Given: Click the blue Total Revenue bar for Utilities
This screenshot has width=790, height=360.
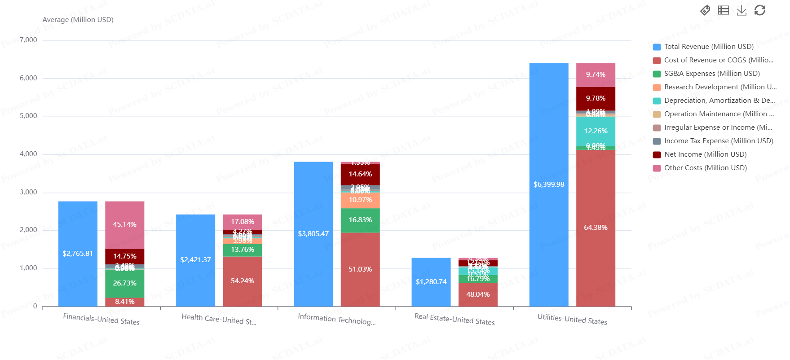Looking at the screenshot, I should click(548, 184).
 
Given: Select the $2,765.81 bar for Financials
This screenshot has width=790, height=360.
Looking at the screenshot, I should click(78, 254).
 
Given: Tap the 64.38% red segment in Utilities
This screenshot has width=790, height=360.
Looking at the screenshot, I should click(596, 228).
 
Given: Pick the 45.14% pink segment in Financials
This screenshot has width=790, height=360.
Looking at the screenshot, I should click(124, 224).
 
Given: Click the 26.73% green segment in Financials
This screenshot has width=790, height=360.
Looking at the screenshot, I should click(124, 283).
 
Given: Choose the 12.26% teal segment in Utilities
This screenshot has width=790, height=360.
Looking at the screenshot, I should click(596, 131).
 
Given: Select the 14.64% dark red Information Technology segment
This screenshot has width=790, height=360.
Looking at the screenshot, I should click(360, 174).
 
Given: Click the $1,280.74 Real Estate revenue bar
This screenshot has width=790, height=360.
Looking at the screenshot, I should click(431, 282).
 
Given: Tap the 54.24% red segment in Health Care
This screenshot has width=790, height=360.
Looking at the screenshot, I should click(242, 281).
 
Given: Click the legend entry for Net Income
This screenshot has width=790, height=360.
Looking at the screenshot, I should click(705, 154).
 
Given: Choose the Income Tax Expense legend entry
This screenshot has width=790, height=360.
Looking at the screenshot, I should click(718, 141).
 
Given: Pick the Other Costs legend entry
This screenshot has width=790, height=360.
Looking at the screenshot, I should click(705, 168).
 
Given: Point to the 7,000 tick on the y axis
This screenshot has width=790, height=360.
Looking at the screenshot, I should click(28, 40).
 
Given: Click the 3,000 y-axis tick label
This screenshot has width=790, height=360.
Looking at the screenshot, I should click(28, 192).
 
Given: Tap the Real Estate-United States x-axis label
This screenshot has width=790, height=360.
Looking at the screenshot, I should click(454, 319).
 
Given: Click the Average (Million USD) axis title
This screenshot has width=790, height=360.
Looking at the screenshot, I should click(78, 20).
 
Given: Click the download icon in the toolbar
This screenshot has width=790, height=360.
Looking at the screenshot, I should click(741, 10).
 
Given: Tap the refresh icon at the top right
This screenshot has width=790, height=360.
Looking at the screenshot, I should click(759, 10).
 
